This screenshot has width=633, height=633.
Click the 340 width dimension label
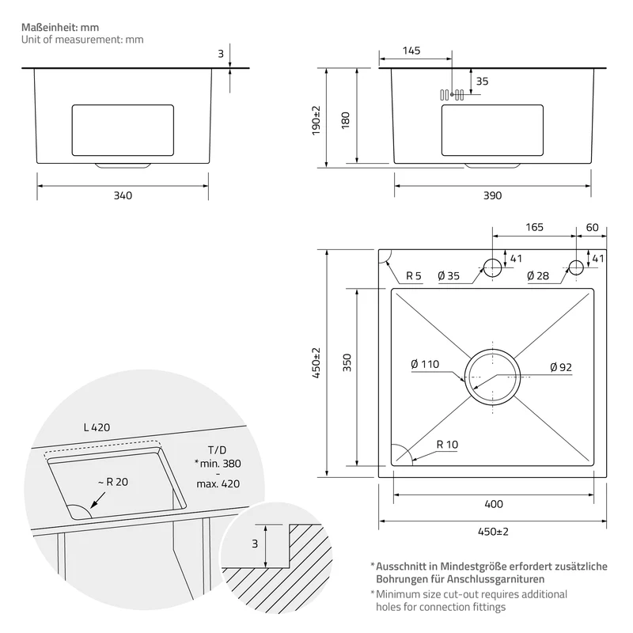[123, 195]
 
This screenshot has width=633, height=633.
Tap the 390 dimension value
[492, 195]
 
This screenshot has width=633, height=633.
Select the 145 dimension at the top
[411, 51]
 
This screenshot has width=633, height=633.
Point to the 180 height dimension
[346, 120]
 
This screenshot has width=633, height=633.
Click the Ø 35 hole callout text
[449, 275]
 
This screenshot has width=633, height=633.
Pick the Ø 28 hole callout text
[538, 275]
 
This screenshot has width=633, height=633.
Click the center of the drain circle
[492, 377]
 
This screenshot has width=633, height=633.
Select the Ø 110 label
[425, 364]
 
